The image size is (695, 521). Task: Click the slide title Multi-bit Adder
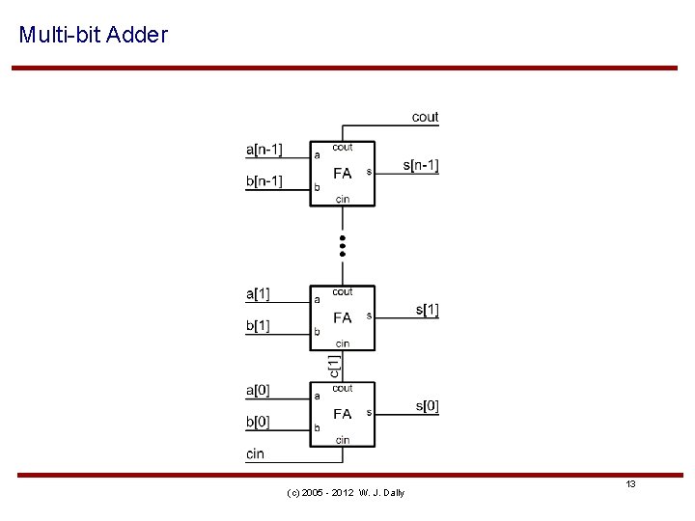pos(94,36)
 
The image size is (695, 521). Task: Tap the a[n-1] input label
pos(264,149)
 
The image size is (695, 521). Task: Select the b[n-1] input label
pos(264,181)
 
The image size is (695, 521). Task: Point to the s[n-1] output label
pos(421,166)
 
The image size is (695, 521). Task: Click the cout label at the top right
pos(425,117)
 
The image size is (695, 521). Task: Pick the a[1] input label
pos(258,293)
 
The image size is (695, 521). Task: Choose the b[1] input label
pos(258,326)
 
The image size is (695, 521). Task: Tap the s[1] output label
pos(428,311)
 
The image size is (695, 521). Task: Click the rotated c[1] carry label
pos(333,366)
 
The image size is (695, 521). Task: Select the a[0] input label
pos(258,390)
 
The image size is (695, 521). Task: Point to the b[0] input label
pos(258,423)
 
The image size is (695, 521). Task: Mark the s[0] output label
pos(428,406)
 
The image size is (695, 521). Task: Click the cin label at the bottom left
pos(256,453)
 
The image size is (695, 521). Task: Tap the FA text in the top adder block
pos(343,174)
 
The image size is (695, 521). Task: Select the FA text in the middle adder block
pos(343,317)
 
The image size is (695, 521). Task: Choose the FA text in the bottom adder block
pos(343,414)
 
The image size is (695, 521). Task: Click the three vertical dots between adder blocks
pos(343,244)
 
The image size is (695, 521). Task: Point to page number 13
pos(630,483)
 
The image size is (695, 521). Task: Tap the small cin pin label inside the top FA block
pos(343,200)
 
